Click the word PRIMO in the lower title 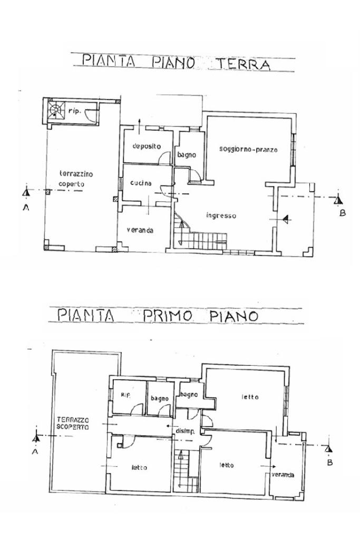(167, 316)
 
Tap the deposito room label (147, 146)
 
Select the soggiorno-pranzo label (248, 150)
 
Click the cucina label (141, 183)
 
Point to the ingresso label (221, 215)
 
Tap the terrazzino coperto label (76, 179)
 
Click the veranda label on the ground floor (140, 230)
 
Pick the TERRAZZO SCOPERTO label (73, 423)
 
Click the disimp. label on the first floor (186, 431)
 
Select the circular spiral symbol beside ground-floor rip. (55, 110)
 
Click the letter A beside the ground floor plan (26, 207)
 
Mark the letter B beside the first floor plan (330, 463)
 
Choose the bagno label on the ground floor (187, 155)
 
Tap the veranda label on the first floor (283, 475)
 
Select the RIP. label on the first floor (125, 395)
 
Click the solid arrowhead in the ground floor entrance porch (285, 219)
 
